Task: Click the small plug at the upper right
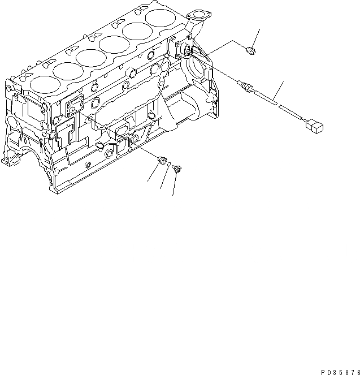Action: coord(252,52)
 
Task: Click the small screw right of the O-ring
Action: coord(177,168)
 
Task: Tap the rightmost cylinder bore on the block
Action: coord(161,18)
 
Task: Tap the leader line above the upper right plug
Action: coord(257,38)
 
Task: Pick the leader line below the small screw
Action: coord(174,184)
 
